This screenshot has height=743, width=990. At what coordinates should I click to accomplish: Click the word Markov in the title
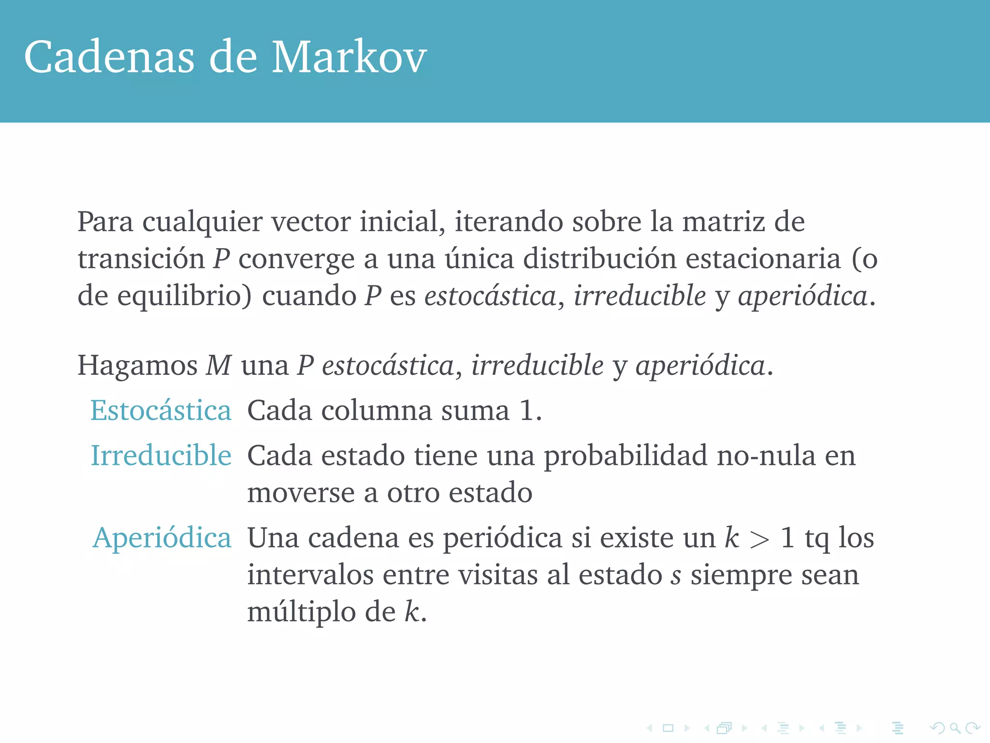(349, 58)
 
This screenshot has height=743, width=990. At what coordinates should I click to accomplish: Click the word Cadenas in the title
(109, 58)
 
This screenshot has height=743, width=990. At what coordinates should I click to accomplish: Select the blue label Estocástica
(161, 411)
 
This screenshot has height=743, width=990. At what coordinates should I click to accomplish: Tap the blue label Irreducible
(161, 456)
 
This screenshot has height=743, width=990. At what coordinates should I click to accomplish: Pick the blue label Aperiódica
(162, 538)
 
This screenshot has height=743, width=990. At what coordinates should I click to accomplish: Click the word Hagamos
(137, 366)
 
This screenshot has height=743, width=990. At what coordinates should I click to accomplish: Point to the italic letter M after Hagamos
(219, 365)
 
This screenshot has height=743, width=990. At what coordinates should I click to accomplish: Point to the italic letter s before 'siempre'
(676, 576)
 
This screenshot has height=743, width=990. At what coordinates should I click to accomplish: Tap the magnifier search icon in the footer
(955, 728)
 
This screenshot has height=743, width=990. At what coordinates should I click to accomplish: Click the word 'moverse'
(301, 493)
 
